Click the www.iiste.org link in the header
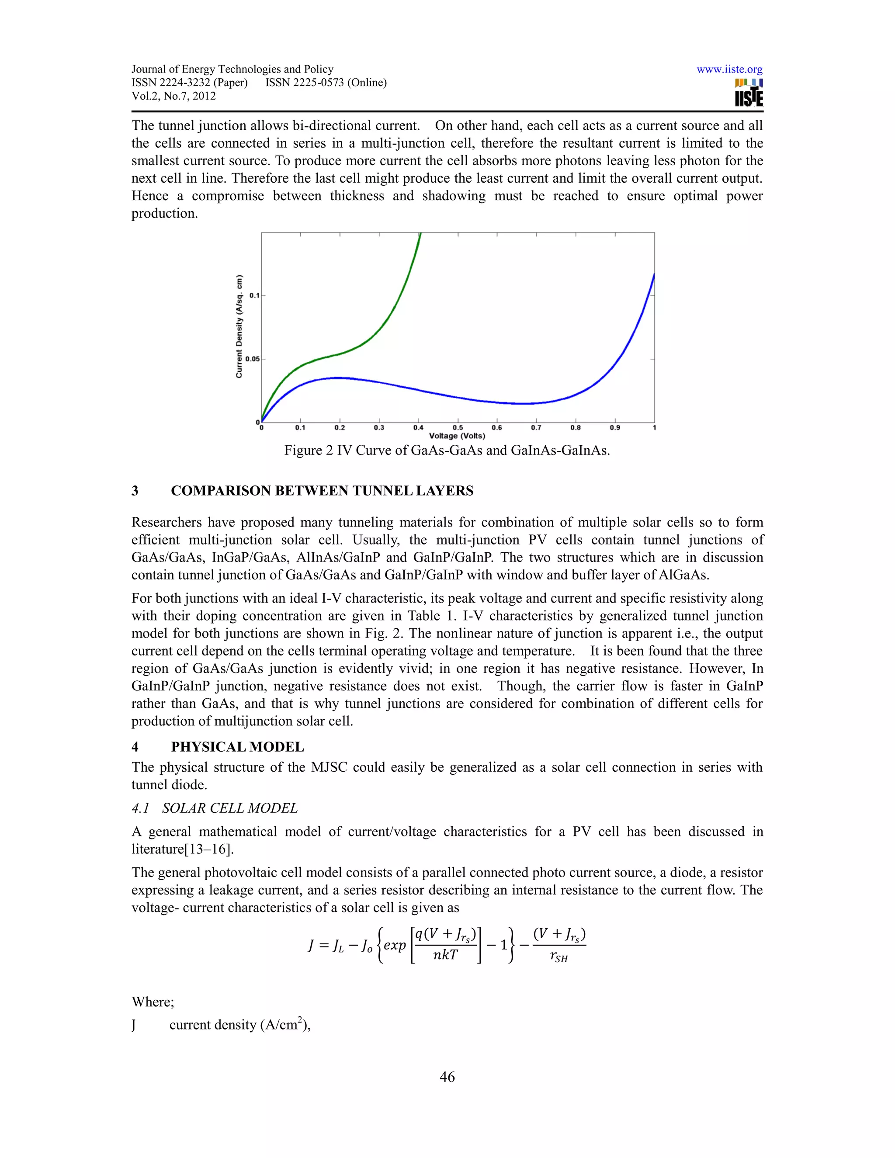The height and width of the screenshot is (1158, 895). click(729, 69)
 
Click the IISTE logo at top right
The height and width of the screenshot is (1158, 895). click(749, 94)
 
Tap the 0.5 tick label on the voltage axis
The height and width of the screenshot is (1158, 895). click(458, 427)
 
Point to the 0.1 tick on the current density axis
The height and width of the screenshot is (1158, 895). click(254, 295)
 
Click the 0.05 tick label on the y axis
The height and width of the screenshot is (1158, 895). click(253, 359)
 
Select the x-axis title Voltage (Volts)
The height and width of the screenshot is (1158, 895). click(457, 436)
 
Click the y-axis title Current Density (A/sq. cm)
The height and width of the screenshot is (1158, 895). click(239, 326)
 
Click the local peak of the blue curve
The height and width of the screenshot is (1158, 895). click(337, 378)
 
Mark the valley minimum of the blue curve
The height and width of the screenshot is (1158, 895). click(522, 403)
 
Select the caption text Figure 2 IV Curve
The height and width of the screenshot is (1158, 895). click(447, 451)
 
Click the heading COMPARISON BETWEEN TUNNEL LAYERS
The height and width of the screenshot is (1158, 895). click(322, 491)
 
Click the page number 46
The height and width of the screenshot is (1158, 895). click(447, 1077)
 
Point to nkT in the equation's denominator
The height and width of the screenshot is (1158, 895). click(445, 955)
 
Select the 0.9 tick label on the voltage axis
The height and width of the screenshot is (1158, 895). click(614, 427)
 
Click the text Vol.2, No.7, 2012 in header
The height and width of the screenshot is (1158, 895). click(173, 96)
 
